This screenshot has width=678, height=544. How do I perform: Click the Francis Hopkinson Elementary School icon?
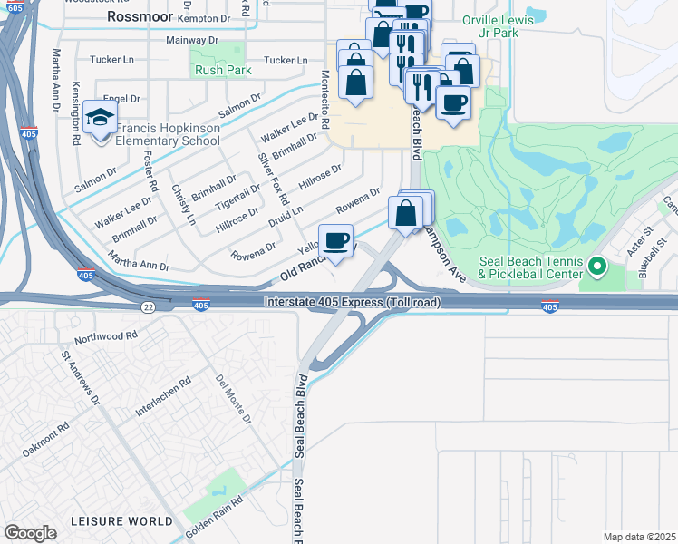[x=99, y=118]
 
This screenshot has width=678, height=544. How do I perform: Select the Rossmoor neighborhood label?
[x=138, y=16]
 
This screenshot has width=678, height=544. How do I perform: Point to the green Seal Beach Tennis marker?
[x=596, y=267]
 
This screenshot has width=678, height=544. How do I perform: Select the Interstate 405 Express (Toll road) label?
[x=353, y=302]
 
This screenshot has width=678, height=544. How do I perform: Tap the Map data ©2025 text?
[x=638, y=537]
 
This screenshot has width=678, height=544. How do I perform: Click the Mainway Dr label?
[x=192, y=41]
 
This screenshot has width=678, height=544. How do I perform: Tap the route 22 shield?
[x=147, y=307]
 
